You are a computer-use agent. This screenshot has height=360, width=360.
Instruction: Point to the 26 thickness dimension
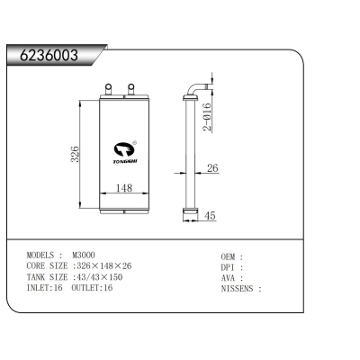pos(212,168)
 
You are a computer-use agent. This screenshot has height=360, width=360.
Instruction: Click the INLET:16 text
pos(46,288)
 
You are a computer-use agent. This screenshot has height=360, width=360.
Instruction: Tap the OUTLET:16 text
pos(93,288)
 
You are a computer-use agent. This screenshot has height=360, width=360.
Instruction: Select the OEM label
pos(229,256)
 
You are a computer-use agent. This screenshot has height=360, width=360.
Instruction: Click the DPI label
pos(229,267)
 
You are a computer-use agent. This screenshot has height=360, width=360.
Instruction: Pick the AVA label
pos(229,278)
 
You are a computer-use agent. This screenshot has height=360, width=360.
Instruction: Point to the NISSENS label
pos(238,289)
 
